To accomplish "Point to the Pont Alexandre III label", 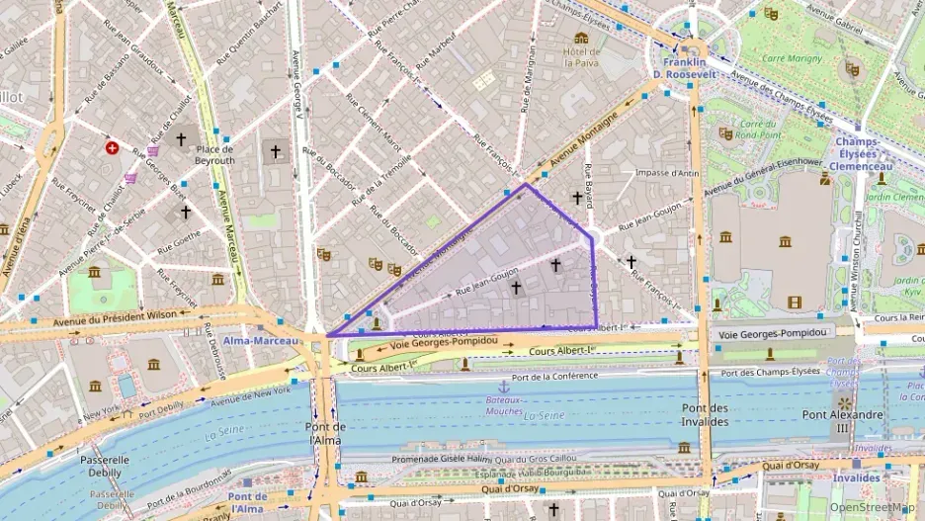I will (x=842, y=420).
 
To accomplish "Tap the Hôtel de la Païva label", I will (x=582, y=55).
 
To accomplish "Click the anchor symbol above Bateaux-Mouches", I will (x=503, y=387).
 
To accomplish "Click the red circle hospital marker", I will (x=113, y=148).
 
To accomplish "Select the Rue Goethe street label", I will (x=178, y=237).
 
